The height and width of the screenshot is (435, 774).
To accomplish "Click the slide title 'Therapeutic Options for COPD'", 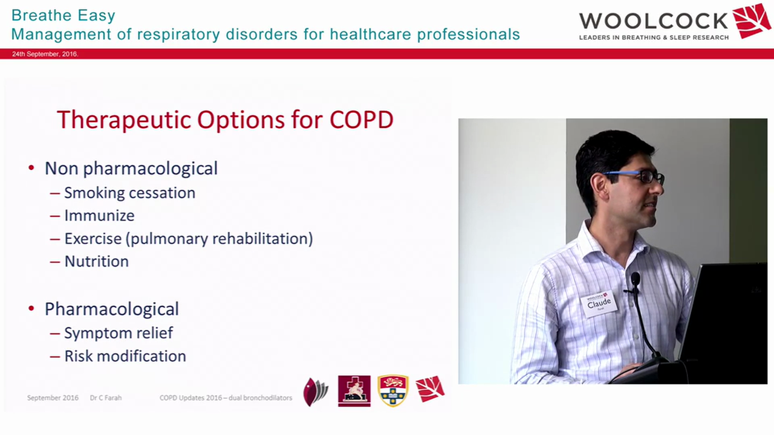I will pyautogui.click(x=225, y=120).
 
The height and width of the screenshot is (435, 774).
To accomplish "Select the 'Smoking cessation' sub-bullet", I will pyautogui.click(x=129, y=193).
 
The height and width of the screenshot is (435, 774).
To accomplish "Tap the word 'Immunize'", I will pyautogui.click(x=99, y=216).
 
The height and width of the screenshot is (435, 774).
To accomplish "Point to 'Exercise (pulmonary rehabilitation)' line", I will pyautogui.click(x=188, y=239).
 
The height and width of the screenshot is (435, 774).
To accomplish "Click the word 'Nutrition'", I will pyautogui.click(x=96, y=262).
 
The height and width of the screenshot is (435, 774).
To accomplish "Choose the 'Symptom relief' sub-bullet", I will pyautogui.click(x=119, y=333).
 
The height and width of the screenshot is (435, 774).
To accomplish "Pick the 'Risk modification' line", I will pyautogui.click(x=125, y=356).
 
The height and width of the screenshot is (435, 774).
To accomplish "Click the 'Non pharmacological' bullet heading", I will pyautogui.click(x=131, y=168).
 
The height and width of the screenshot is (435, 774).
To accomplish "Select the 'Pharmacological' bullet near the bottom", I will pyautogui.click(x=111, y=309).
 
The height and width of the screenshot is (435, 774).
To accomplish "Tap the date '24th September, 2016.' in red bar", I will pyautogui.click(x=45, y=54).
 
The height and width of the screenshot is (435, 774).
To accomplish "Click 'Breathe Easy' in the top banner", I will pyautogui.click(x=63, y=15).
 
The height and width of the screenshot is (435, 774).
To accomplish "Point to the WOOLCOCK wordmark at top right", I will pyautogui.click(x=653, y=21).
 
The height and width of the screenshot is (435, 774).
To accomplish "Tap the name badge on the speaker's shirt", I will pyautogui.click(x=599, y=303).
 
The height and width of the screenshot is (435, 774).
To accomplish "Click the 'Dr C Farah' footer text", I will pyautogui.click(x=106, y=398).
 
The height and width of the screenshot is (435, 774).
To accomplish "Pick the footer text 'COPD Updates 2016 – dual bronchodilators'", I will pyautogui.click(x=226, y=398).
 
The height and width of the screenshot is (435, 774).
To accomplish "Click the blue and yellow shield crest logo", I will pyautogui.click(x=393, y=390).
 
